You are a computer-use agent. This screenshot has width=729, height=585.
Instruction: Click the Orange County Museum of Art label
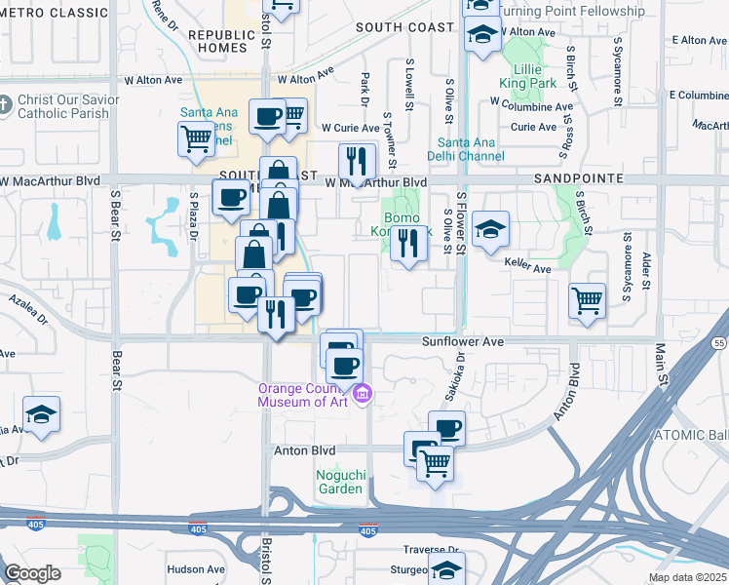coord(301,394)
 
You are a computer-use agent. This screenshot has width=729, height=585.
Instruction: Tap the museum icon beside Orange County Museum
coord(363,394)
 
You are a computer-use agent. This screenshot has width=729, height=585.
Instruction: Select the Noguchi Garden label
coord(339,482)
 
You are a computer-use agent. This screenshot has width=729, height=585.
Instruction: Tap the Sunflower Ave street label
coord(462,342)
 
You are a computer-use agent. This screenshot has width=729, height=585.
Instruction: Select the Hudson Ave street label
coord(197,569)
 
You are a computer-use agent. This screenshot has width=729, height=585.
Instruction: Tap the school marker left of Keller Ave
coord(491,230)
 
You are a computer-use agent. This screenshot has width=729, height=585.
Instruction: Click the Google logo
coord(32,573)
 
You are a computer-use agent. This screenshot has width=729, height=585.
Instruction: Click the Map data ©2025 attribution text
coord(686,578)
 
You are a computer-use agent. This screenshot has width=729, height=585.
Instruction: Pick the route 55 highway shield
coord(718,343)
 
